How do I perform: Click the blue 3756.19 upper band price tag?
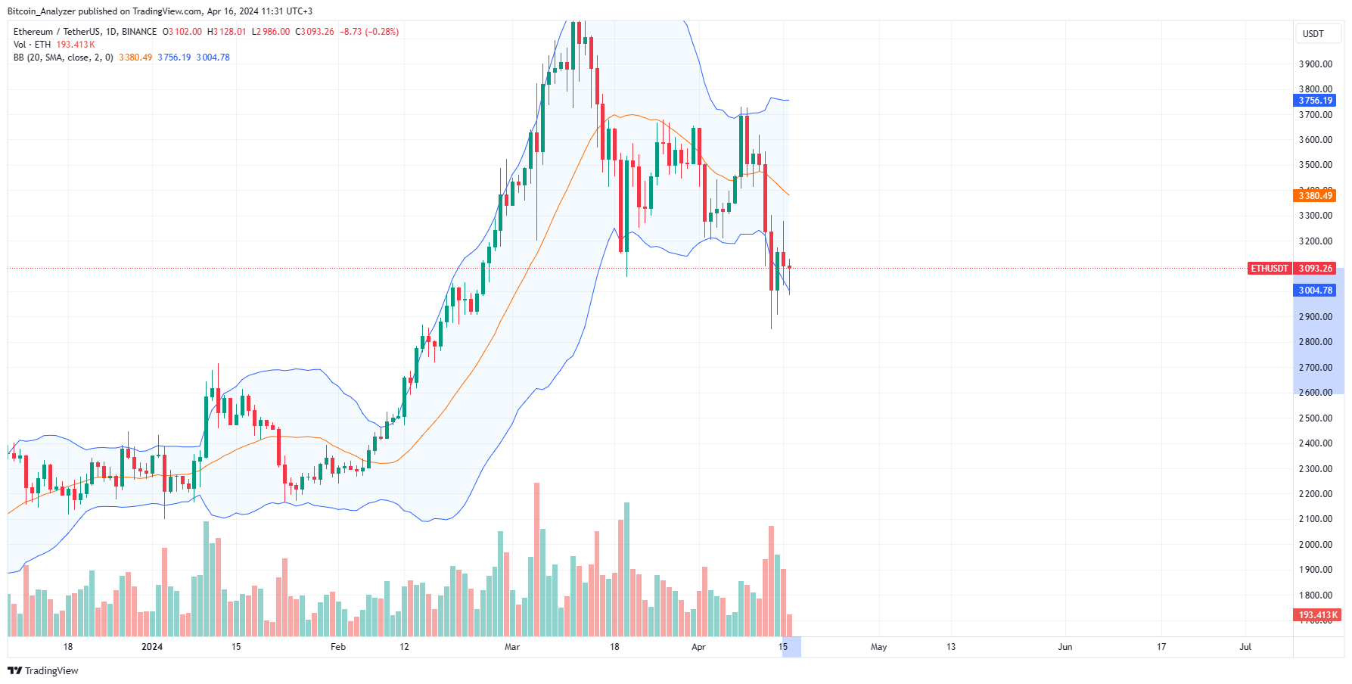1315,101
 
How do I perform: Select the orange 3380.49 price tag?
1315,196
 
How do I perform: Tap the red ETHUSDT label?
1269,269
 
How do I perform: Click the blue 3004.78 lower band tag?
1315,291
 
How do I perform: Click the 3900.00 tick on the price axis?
1315,64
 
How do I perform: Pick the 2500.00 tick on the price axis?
1315,418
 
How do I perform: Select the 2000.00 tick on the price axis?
1315,545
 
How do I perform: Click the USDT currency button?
1313,34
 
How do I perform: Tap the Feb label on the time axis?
338,647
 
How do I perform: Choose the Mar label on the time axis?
512,647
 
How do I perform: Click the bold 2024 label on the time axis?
152,647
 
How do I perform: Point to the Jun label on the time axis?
1065,647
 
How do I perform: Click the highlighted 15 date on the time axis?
783,647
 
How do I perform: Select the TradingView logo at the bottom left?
43,671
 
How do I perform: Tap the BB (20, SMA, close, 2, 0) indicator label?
64,58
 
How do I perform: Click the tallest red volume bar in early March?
537,560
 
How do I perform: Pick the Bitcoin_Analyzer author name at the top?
42,11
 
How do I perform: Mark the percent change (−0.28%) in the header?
381,32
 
